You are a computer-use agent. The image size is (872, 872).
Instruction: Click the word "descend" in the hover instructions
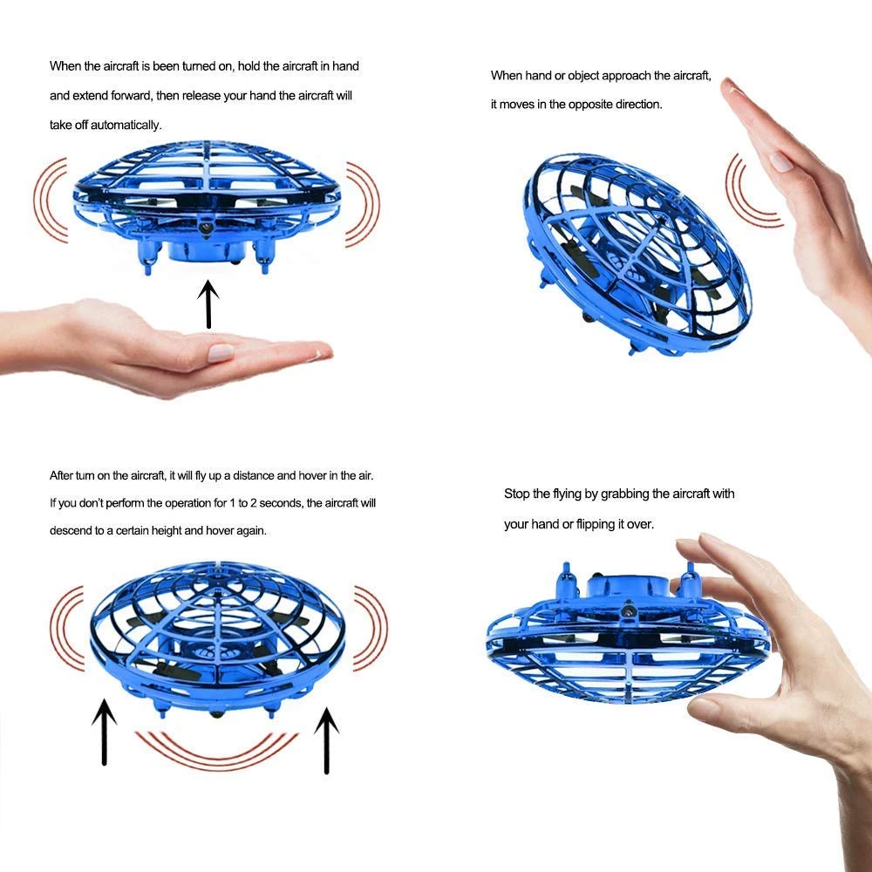pos(72,530)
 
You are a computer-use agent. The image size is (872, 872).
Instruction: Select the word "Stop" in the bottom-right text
pos(516,494)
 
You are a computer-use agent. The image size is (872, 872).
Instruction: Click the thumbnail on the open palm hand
pos(220,352)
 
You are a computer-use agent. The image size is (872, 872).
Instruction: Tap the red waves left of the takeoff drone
pos(51,200)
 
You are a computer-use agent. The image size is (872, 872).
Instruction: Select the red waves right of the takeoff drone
pos(363,203)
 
